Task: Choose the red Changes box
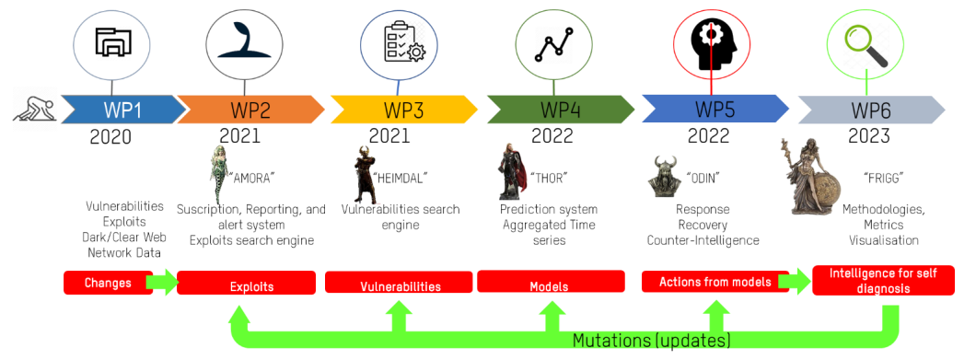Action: tap(109, 283)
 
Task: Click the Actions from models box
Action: tap(715, 282)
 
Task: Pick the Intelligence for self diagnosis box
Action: tap(884, 280)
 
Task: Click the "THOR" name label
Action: tap(549, 178)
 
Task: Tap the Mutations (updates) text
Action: tap(651, 340)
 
